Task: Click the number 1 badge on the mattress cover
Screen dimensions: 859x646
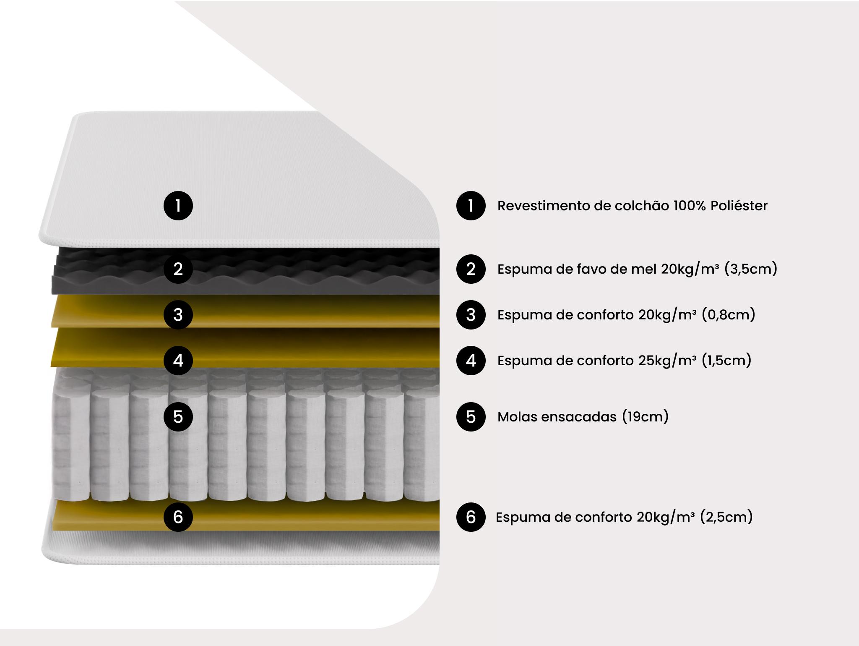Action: tap(178, 206)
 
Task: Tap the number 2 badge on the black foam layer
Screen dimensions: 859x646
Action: tap(178, 269)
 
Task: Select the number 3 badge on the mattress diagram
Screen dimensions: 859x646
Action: tap(178, 314)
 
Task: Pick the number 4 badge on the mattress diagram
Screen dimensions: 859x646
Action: tap(178, 360)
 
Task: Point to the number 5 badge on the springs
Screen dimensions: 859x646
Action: tap(178, 416)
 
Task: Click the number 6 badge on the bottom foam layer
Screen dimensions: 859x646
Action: tap(178, 517)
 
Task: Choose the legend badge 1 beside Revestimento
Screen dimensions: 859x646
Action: tap(471, 206)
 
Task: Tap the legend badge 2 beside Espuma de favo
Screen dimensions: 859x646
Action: tap(471, 269)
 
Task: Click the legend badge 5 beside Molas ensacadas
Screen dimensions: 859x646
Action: tap(471, 416)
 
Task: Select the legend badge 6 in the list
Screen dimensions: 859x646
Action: tap(471, 517)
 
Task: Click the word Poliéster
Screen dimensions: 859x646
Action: tap(739, 206)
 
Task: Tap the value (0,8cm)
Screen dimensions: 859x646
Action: tap(729, 314)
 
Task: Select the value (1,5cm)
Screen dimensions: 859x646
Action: tap(726, 360)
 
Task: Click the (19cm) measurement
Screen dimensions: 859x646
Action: tap(646, 416)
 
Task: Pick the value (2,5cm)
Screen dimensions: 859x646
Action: tap(726, 517)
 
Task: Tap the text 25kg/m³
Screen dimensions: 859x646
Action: tap(668, 360)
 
